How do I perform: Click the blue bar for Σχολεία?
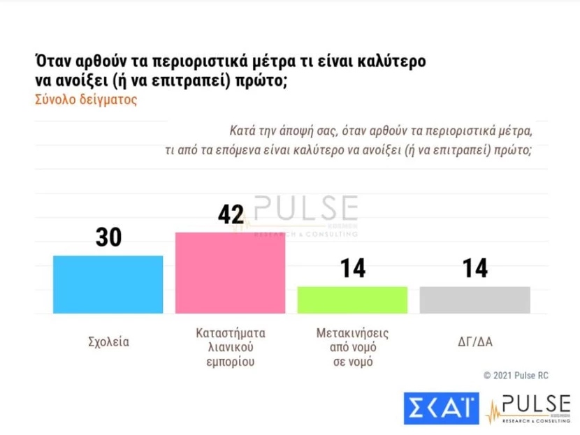[x=108, y=284]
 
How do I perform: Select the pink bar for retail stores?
[x=230, y=272]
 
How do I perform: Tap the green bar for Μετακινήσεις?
[x=352, y=300]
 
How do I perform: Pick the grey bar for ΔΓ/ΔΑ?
[x=474, y=300]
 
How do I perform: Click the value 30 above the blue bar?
[x=108, y=237]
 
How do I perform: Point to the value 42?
[x=229, y=214]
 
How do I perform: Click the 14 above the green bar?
[x=352, y=268]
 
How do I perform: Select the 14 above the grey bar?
[x=474, y=268]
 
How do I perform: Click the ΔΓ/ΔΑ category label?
[x=474, y=341]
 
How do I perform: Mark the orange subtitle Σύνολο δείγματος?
[x=86, y=99]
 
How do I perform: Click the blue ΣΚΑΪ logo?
[x=441, y=409]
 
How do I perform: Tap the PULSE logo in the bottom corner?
[x=531, y=409]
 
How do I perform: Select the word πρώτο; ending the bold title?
[x=264, y=80]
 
